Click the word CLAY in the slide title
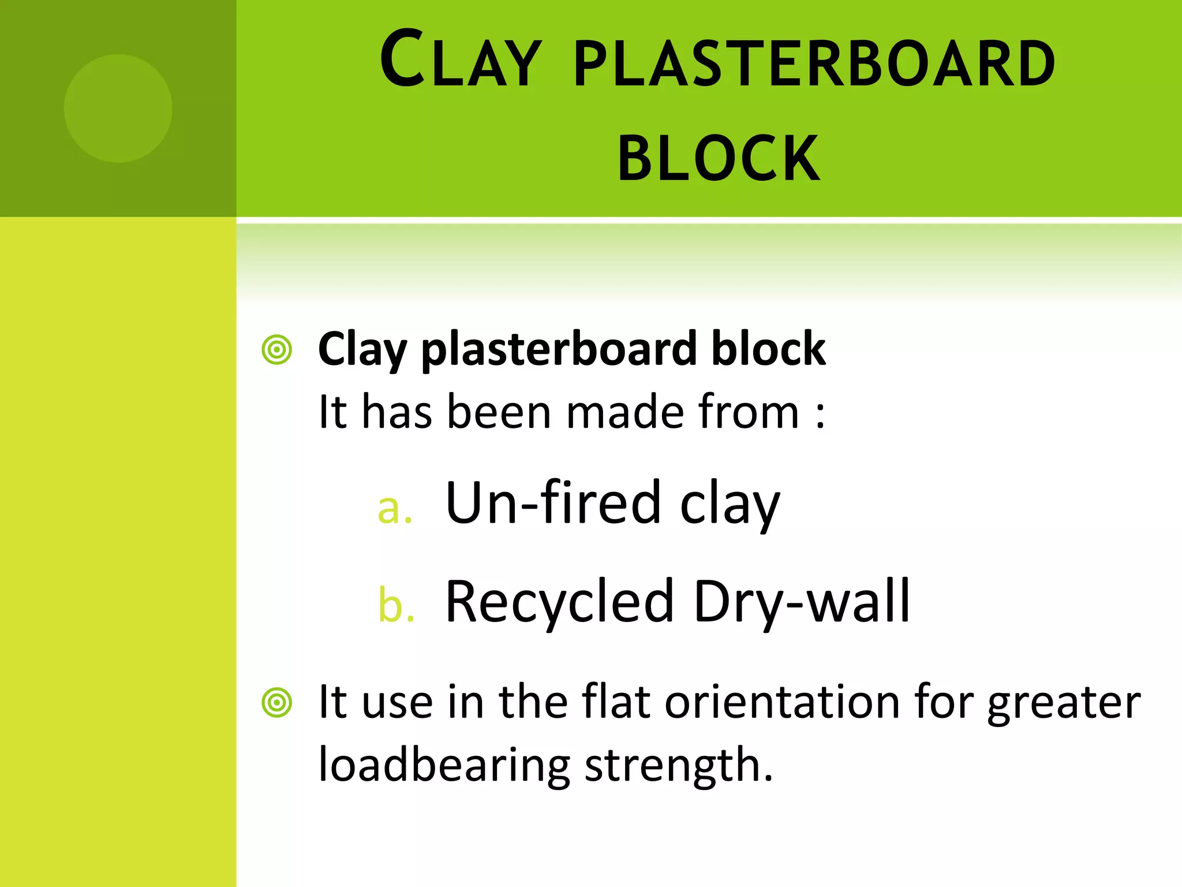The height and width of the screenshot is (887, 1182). tap(461, 61)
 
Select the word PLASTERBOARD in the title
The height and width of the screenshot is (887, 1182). tap(814, 64)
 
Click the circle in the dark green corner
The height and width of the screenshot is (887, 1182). tap(118, 108)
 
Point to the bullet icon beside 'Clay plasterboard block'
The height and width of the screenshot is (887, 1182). tap(277, 350)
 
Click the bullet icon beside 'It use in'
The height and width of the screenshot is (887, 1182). tap(277, 703)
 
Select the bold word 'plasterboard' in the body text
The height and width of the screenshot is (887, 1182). tap(559, 350)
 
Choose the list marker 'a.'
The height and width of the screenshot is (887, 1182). tap(395, 509)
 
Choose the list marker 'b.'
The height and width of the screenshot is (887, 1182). tap(396, 606)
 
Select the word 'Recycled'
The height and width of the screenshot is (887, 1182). tap(559, 602)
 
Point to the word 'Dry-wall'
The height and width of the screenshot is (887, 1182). tap(801, 602)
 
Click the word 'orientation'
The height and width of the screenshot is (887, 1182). tap(783, 702)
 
